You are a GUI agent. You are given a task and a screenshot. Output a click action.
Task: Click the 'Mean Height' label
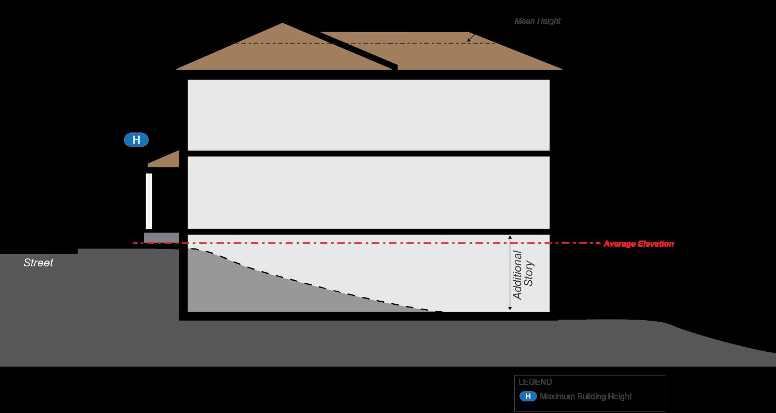(537, 21)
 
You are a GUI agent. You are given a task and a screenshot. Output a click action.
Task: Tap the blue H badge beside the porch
(136, 140)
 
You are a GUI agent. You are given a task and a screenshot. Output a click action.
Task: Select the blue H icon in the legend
(528, 397)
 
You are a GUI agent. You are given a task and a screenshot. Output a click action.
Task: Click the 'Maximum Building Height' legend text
(585, 397)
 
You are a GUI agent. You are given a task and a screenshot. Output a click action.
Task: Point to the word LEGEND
(535, 382)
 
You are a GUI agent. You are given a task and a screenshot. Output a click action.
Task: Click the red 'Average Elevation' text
(638, 244)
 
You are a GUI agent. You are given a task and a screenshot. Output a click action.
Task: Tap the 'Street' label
(38, 263)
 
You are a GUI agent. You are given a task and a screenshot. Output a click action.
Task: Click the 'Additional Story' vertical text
(523, 274)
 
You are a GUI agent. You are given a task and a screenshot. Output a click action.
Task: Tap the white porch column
(149, 200)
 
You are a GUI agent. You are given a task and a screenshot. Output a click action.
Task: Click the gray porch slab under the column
(161, 237)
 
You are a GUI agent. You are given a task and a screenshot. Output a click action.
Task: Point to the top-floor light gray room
(368, 114)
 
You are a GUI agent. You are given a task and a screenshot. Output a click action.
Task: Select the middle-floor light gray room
(368, 192)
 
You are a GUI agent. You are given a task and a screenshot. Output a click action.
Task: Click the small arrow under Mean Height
(471, 38)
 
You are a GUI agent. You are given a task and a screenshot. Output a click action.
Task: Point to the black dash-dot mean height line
(369, 43)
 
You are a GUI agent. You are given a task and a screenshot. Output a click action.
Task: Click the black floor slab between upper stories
(368, 153)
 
